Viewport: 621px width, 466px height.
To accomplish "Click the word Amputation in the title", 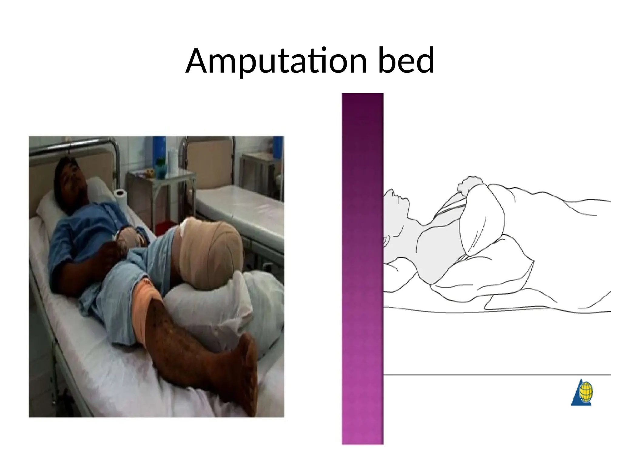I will (x=276, y=62).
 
